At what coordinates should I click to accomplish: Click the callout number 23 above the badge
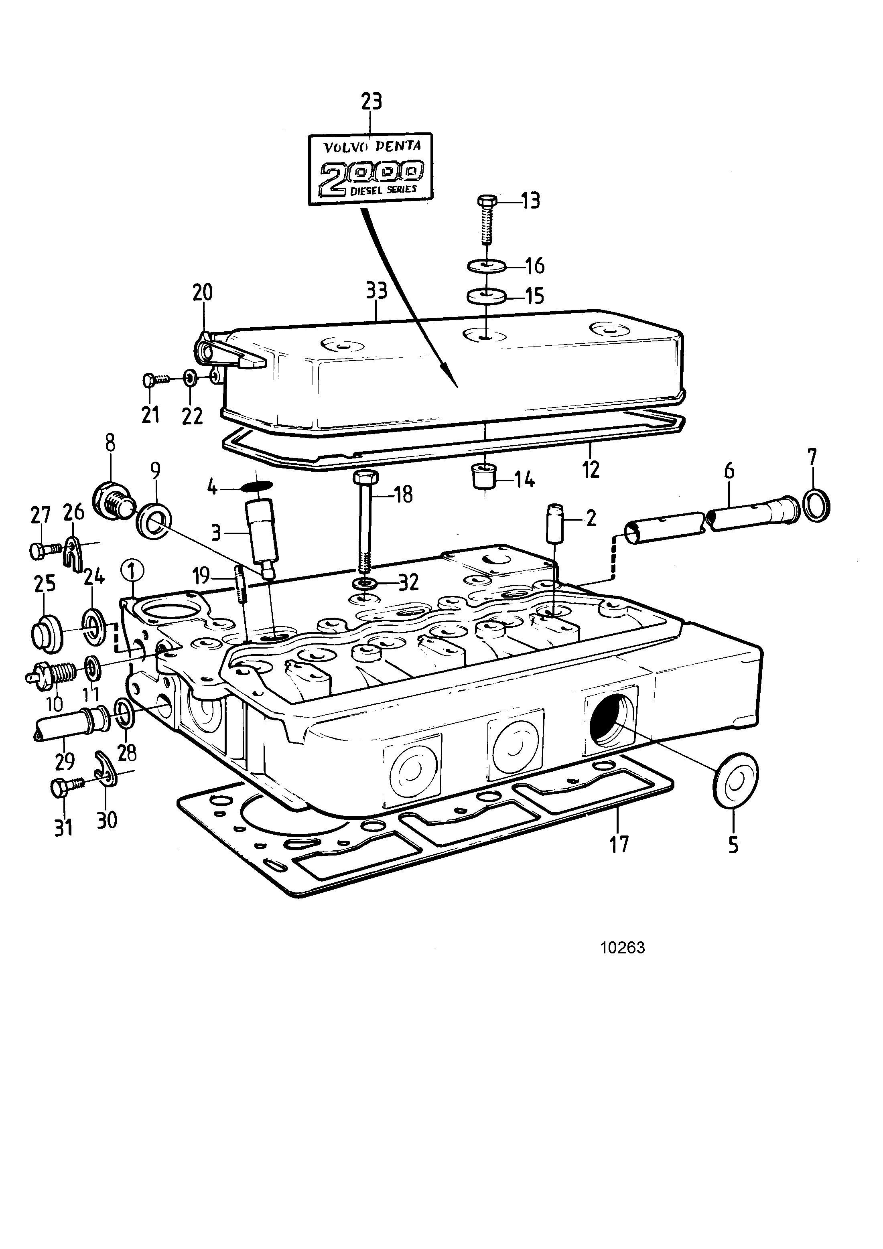click(x=372, y=102)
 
